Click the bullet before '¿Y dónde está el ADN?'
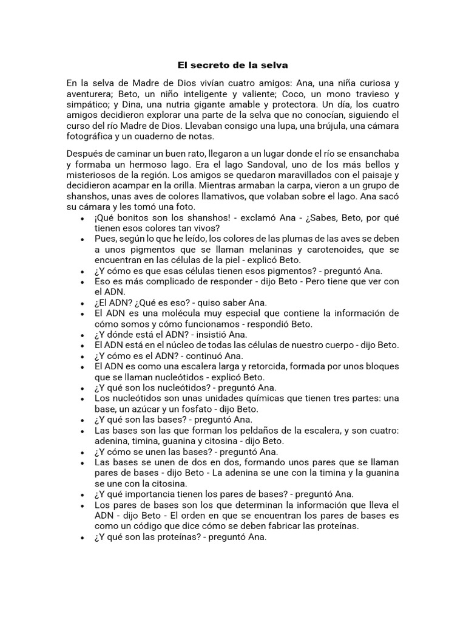82,335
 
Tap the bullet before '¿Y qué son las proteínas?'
82,537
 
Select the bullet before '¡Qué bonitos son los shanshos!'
82,218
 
